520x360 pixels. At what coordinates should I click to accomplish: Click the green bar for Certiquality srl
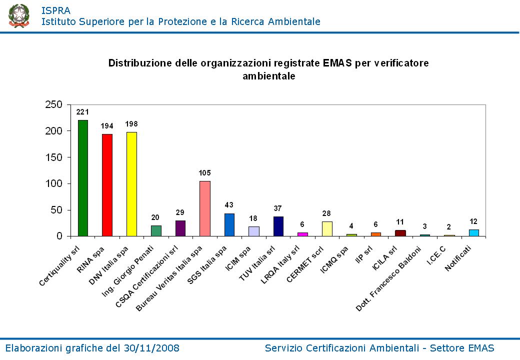pyautogui.click(x=82, y=178)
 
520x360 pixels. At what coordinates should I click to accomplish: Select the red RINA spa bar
pyautogui.click(x=107, y=185)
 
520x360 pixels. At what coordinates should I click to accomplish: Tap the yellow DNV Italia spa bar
pyautogui.click(x=131, y=184)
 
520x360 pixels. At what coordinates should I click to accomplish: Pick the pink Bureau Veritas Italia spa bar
pyautogui.click(x=204, y=208)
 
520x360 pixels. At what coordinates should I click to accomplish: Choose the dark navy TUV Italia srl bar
pyautogui.click(x=278, y=226)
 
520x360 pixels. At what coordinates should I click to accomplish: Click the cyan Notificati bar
pyautogui.click(x=473, y=233)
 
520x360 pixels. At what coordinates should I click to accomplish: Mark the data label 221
pyautogui.click(x=82, y=112)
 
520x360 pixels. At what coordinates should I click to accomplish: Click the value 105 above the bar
pyautogui.click(x=204, y=173)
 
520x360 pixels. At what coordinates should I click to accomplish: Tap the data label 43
pyautogui.click(x=229, y=205)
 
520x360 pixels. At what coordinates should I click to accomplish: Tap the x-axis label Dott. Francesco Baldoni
pyautogui.click(x=387, y=278)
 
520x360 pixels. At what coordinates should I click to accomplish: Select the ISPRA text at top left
pyautogui.click(x=55, y=10)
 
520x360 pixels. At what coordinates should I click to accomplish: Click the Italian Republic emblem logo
pyautogui.click(x=19, y=15)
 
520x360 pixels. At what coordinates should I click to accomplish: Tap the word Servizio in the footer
pyautogui.click(x=283, y=348)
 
